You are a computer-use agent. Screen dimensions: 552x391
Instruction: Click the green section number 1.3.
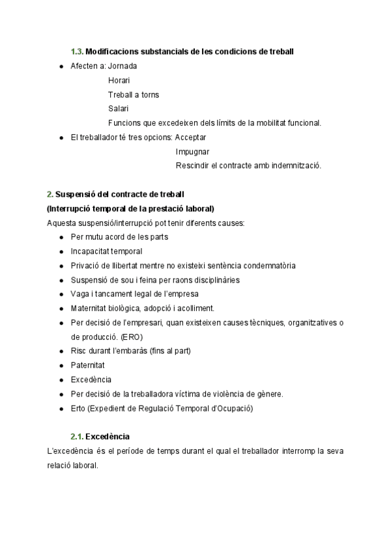coord(77,51)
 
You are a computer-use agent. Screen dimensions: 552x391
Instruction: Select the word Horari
coord(119,80)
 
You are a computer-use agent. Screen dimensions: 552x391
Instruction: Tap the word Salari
coord(118,108)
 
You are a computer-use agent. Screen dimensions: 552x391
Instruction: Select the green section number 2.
coord(50,194)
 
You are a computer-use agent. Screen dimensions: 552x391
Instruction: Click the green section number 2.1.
coord(77,436)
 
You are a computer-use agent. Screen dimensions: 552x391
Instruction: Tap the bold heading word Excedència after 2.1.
coord(108,436)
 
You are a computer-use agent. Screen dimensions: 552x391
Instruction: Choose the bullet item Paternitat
coord(87,365)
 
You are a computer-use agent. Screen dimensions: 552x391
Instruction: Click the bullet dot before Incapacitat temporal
coord(61,251)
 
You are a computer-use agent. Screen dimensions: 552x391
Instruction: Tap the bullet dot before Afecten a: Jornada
coord(61,66)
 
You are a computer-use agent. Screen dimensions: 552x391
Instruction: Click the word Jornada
coord(123,66)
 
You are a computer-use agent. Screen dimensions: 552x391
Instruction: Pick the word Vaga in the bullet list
coord(80,294)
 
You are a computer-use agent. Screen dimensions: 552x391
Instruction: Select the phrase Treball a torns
coord(134,94)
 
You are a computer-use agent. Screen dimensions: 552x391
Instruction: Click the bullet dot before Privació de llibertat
coord(61,266)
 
